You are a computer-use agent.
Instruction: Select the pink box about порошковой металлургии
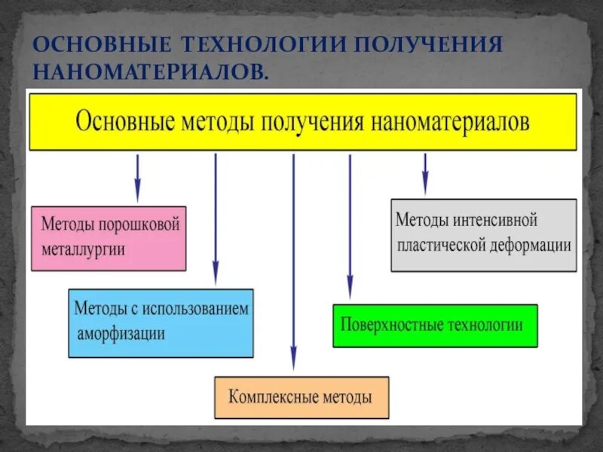tap(109, 237)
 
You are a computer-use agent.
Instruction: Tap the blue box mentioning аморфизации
tap(161, 322)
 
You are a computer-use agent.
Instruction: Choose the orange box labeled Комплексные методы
tap(301, 397)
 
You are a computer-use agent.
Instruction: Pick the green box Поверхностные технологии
tap(435, 325)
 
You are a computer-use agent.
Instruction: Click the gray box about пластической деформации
tap(483, 234)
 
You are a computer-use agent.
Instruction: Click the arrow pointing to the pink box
tap(136, 177)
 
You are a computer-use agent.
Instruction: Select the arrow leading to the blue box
tap(216, 218)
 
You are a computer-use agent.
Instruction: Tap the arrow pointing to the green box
tap(349, 226)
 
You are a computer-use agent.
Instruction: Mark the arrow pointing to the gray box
tap(425, 173)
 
